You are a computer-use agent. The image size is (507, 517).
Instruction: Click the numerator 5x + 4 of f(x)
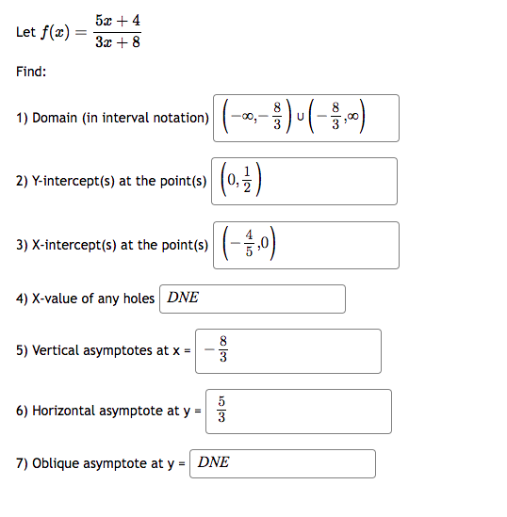point(118,20)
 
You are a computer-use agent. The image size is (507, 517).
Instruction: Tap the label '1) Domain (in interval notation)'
point(112,118)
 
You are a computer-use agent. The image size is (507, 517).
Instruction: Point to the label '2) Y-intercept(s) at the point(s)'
point(111,181)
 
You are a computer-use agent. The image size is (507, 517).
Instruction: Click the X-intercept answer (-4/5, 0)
point(245,245)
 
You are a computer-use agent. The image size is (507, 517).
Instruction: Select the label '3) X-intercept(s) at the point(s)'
point(111,245)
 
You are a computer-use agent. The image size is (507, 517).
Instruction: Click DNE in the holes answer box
point(183,299)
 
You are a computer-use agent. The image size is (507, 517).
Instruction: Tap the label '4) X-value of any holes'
point(85,299)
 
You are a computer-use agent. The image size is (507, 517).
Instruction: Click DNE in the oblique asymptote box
point(214,463)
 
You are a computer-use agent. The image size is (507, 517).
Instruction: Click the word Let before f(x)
point(25,32)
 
